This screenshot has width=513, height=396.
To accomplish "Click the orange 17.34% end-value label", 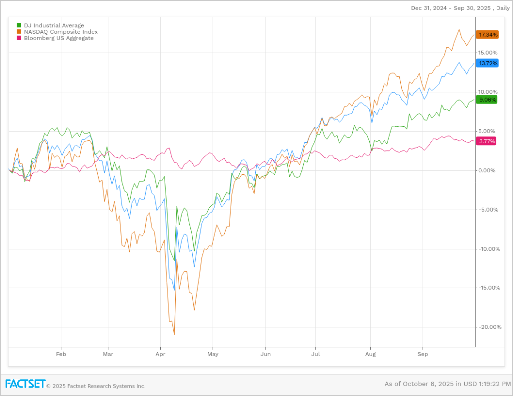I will [x=488, y=35].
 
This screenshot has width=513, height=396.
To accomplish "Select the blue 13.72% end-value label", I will [x=488, y=63].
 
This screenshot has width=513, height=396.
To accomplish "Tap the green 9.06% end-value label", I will [x=488, y=100].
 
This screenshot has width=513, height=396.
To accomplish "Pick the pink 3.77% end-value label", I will [x=487, y=141].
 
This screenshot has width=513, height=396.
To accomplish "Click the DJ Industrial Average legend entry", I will [x=50, y=25].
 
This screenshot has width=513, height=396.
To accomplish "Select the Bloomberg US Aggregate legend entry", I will [x=55, y=38].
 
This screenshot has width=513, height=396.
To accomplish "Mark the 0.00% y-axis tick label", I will [x=487, y=170].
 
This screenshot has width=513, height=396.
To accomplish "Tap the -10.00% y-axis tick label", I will [x=488, y=249].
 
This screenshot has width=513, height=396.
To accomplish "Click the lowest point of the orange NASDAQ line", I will [x=174, y=334].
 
